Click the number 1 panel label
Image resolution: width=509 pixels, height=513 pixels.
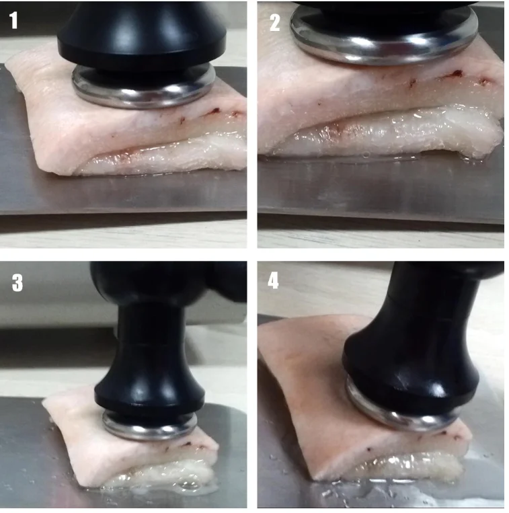[13, 20]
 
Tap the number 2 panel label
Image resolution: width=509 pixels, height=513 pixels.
[275, 23]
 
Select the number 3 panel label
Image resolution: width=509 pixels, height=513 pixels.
[17, 282]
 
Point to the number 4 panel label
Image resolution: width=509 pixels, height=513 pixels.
[273, 280]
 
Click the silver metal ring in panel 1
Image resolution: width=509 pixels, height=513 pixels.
[144, 98]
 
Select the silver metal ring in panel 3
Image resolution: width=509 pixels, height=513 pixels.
[150, 432]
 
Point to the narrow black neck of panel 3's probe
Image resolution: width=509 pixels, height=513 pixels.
[151, 344]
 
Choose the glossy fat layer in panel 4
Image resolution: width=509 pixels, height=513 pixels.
[409, 465]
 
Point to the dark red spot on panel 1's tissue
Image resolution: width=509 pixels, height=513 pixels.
[215, 111]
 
